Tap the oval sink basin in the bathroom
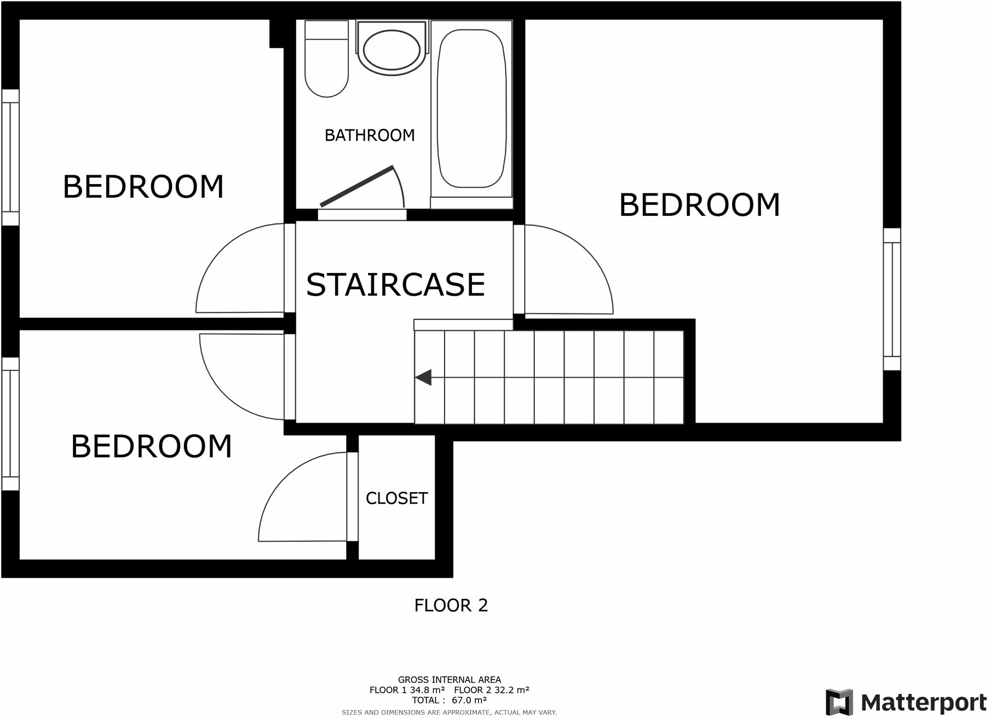pyautogui.click(x=392, y=49)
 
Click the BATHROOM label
pyautogui.click(x=370, y=135)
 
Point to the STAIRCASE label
pyautogui.click(x=395, y=285)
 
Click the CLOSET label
pyautogui.click(x=396, y=498)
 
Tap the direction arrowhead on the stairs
pyautogui.click(x=423, y=378)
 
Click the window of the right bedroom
pyautogui.click(x=892, y=299)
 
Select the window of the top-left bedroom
pyautogui.click(x=10, y=157)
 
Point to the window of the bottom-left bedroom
pyautogui.click(x=10, y=424)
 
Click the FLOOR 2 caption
pyautogui.click(x=451, y=606)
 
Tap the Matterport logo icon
pyautogui.click(x=839, y=702)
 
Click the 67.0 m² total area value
pyautogui.click(x=469, y=700)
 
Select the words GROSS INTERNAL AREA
pyautogui.click(x=449, y=680)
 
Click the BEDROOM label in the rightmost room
pyautogui.click(x=699, y=205)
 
